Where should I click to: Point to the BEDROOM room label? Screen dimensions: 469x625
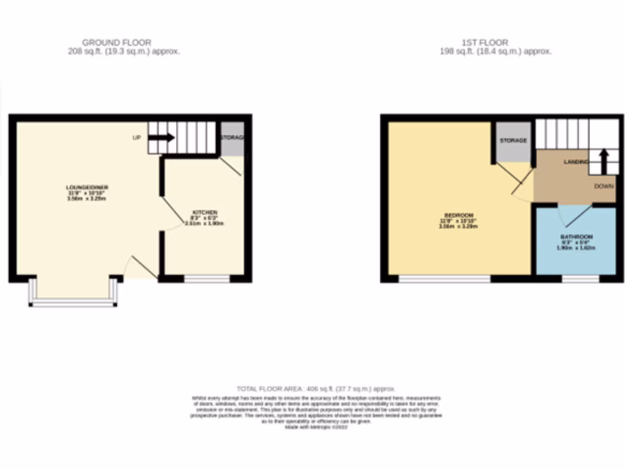coord(458,216)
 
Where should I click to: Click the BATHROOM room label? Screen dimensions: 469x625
coord(577,236)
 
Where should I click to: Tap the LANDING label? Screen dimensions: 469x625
coord(576,162)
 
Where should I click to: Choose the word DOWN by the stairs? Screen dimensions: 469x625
coord(605,186)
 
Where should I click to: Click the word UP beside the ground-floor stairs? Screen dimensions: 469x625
coord(137,137)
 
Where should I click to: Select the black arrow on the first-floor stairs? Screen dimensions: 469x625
coord(604,161)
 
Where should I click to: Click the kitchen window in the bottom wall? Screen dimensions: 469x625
coord(207,279)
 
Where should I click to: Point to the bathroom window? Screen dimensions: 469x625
coord(580,279)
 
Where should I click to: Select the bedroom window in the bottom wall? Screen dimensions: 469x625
coord(444,279)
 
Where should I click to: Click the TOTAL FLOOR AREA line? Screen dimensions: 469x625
coord(316,388)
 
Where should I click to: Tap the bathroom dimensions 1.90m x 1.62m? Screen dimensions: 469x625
coord(576,247)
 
